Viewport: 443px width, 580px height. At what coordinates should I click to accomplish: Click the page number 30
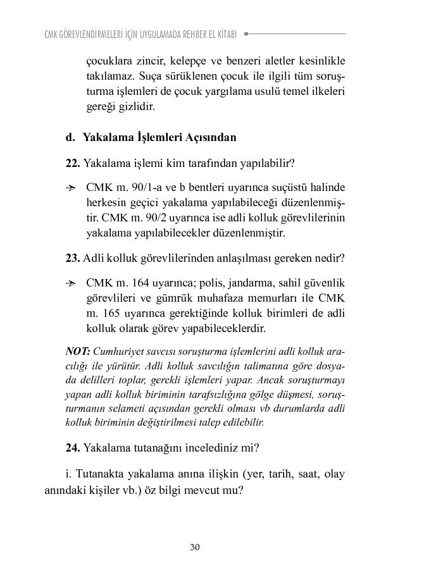[x=195, y=547]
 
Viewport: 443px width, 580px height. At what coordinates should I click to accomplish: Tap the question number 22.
[x=72, y=163]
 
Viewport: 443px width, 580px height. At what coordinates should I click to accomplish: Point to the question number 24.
[x=72, y=448]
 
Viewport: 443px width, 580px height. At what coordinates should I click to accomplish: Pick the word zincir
[x=152, y=61]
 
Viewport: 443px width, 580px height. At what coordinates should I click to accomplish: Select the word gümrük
[x=180, y=299]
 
